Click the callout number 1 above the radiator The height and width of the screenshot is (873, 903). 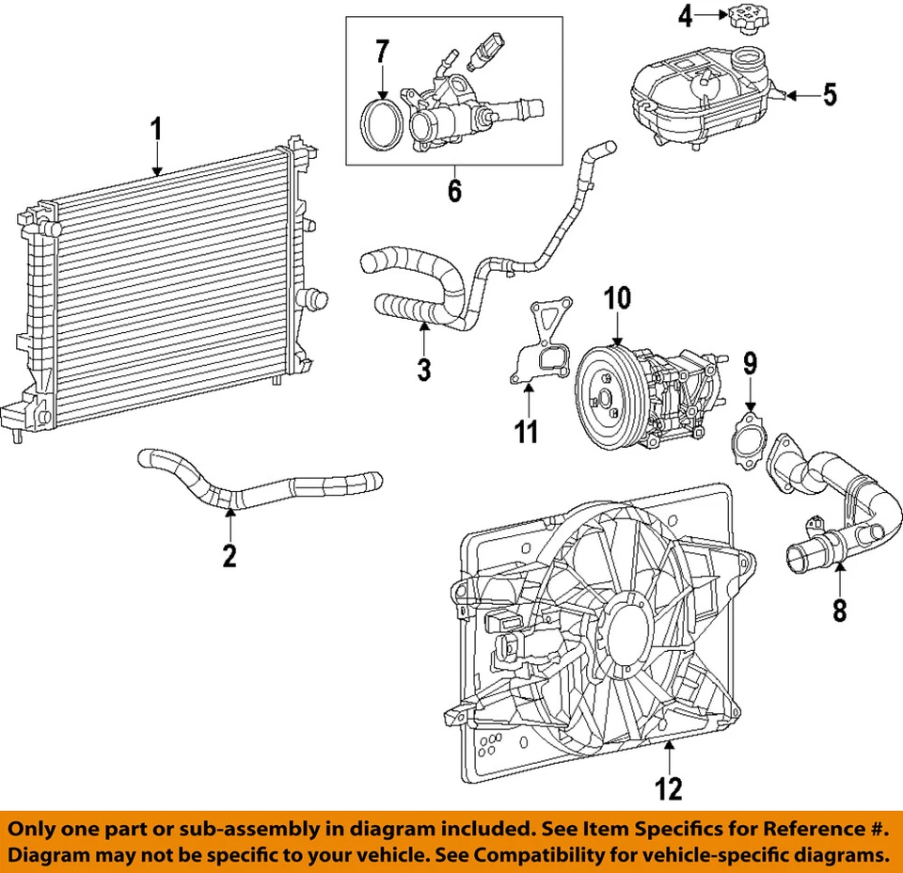coord(157,129)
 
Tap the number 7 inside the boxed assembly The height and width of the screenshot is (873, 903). coord(382,52)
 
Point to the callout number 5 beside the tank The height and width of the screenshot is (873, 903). coord(829,94)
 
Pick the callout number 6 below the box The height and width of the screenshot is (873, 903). coord(454,191)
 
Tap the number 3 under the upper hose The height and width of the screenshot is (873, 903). coord(423,369)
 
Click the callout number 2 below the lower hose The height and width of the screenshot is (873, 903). coord(230,555)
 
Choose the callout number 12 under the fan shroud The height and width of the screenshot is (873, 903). coord(669,787)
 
